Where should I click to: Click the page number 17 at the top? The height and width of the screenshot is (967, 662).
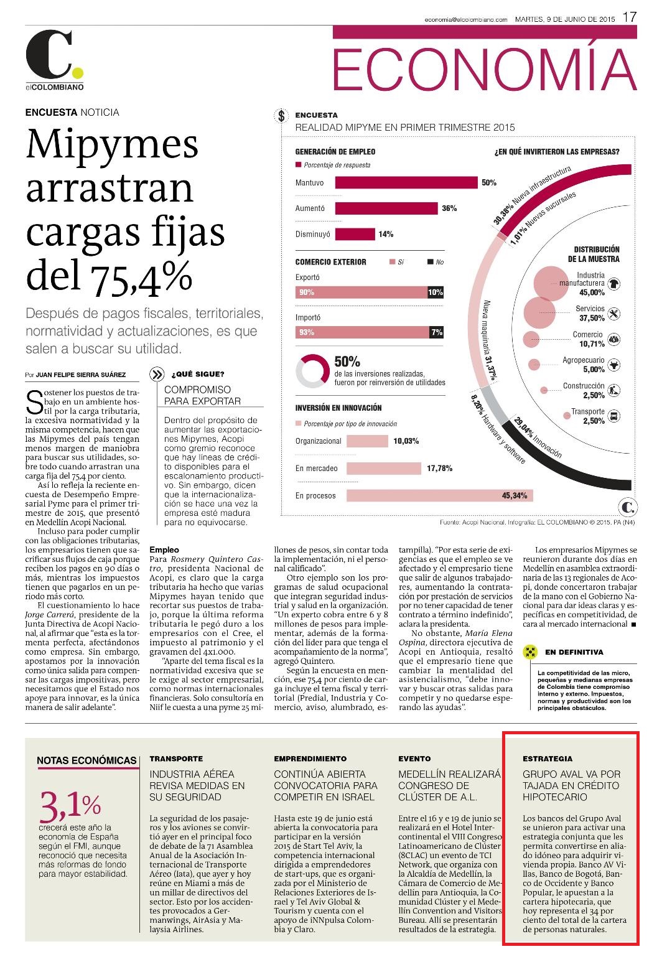tap(630, 17)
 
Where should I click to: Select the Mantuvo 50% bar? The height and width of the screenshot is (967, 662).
tap(406, 182)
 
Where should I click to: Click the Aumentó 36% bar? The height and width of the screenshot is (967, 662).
tap(386, 208)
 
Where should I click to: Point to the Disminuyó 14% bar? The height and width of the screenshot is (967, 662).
tap(355, 234)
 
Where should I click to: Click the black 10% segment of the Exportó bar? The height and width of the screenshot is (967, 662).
tap(435, 292)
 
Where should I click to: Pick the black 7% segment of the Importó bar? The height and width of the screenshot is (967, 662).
tap(436, 332)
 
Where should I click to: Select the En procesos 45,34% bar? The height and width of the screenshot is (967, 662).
tap(440, 495)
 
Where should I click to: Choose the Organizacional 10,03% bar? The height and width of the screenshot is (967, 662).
tap(367, 441)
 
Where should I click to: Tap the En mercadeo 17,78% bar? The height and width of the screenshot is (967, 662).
tap(384, 469)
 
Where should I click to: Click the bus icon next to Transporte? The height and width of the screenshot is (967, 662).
tap(613, 416)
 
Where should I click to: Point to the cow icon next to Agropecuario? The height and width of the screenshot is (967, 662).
tap(613, 365)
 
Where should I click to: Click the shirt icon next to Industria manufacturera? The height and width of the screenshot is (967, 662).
tap(613, 284)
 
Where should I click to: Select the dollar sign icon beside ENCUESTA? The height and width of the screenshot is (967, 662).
tap(281, 116)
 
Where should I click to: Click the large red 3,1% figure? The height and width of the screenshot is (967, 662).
tap(70, 806)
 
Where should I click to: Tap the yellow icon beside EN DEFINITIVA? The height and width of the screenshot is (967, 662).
tap(530, 652)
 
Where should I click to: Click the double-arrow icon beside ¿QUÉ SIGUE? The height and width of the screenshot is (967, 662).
tap(157, 374)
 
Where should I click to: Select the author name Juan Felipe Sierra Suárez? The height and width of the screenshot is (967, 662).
tap(81, 375)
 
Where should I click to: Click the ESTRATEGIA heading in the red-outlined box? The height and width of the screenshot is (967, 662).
tap(547, 759)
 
